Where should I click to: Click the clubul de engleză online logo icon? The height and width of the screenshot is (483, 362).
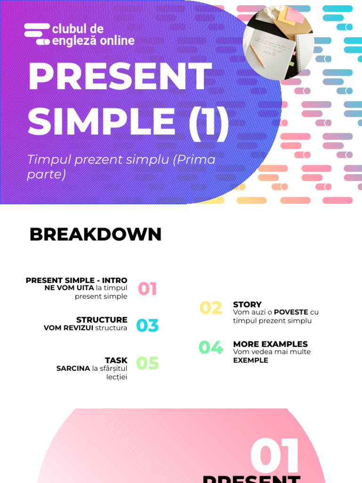[x=37, y=34]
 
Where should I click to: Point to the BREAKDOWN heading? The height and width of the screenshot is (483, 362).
[x=95, y=234]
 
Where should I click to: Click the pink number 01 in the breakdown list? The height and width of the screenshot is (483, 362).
[x=147, y=289]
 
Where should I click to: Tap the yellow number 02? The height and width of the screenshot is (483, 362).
[x=211, y=308]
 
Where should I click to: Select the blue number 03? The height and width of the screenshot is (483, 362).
[x=148, y=325]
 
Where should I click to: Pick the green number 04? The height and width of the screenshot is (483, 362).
[x=211, y=348]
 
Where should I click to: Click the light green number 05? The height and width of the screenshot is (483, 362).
[x=148, y=363]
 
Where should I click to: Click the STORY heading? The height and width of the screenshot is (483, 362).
[x=247, y=305]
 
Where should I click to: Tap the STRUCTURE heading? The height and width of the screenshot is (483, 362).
[x=102, y=320]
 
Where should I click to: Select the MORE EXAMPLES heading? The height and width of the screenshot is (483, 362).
[x=270, y=344]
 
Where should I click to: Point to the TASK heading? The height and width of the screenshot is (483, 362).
[x=116, y=360]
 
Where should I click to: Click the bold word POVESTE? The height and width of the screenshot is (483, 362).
[x=291, y=312]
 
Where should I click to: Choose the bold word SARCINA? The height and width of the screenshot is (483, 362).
[x=73, y=368]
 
